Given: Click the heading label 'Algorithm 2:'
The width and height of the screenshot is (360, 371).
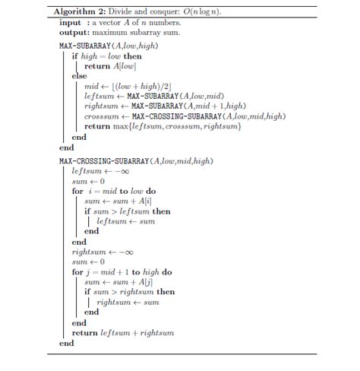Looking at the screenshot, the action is (x=77, y=13).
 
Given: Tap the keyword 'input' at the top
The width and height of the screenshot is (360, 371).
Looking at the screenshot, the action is (x=70, y=23).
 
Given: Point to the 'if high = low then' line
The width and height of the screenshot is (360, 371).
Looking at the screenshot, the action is (x=106, y=55).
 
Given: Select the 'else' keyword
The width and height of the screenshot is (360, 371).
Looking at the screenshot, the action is (x=79, y=76).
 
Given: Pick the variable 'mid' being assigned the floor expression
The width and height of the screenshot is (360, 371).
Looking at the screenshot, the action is (x=92, y=86).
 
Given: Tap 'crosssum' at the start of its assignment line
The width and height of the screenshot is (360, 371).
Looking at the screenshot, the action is (x=101, y=116).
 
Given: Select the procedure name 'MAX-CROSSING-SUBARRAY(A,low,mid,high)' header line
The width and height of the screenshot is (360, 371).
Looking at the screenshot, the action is (x=136, y=161).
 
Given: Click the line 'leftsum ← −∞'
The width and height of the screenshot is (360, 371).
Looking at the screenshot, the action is (x=96, y=171).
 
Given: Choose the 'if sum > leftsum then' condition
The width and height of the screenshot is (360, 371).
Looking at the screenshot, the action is (x=127, y=211).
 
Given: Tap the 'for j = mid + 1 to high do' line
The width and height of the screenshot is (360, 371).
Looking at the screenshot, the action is (x=122, y=271).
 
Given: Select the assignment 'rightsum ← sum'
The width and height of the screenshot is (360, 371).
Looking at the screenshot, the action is (x=128, y=302).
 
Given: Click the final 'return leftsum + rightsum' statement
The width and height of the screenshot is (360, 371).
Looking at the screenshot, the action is (x=123, y=332).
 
